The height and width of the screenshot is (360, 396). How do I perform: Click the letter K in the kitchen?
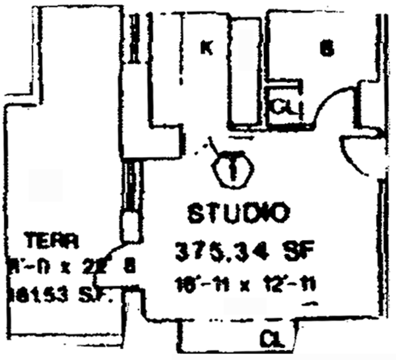pos(206,48)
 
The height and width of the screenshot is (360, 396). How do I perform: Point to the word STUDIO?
pos(239,214)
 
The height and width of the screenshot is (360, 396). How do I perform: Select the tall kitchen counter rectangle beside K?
pos(246,73)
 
